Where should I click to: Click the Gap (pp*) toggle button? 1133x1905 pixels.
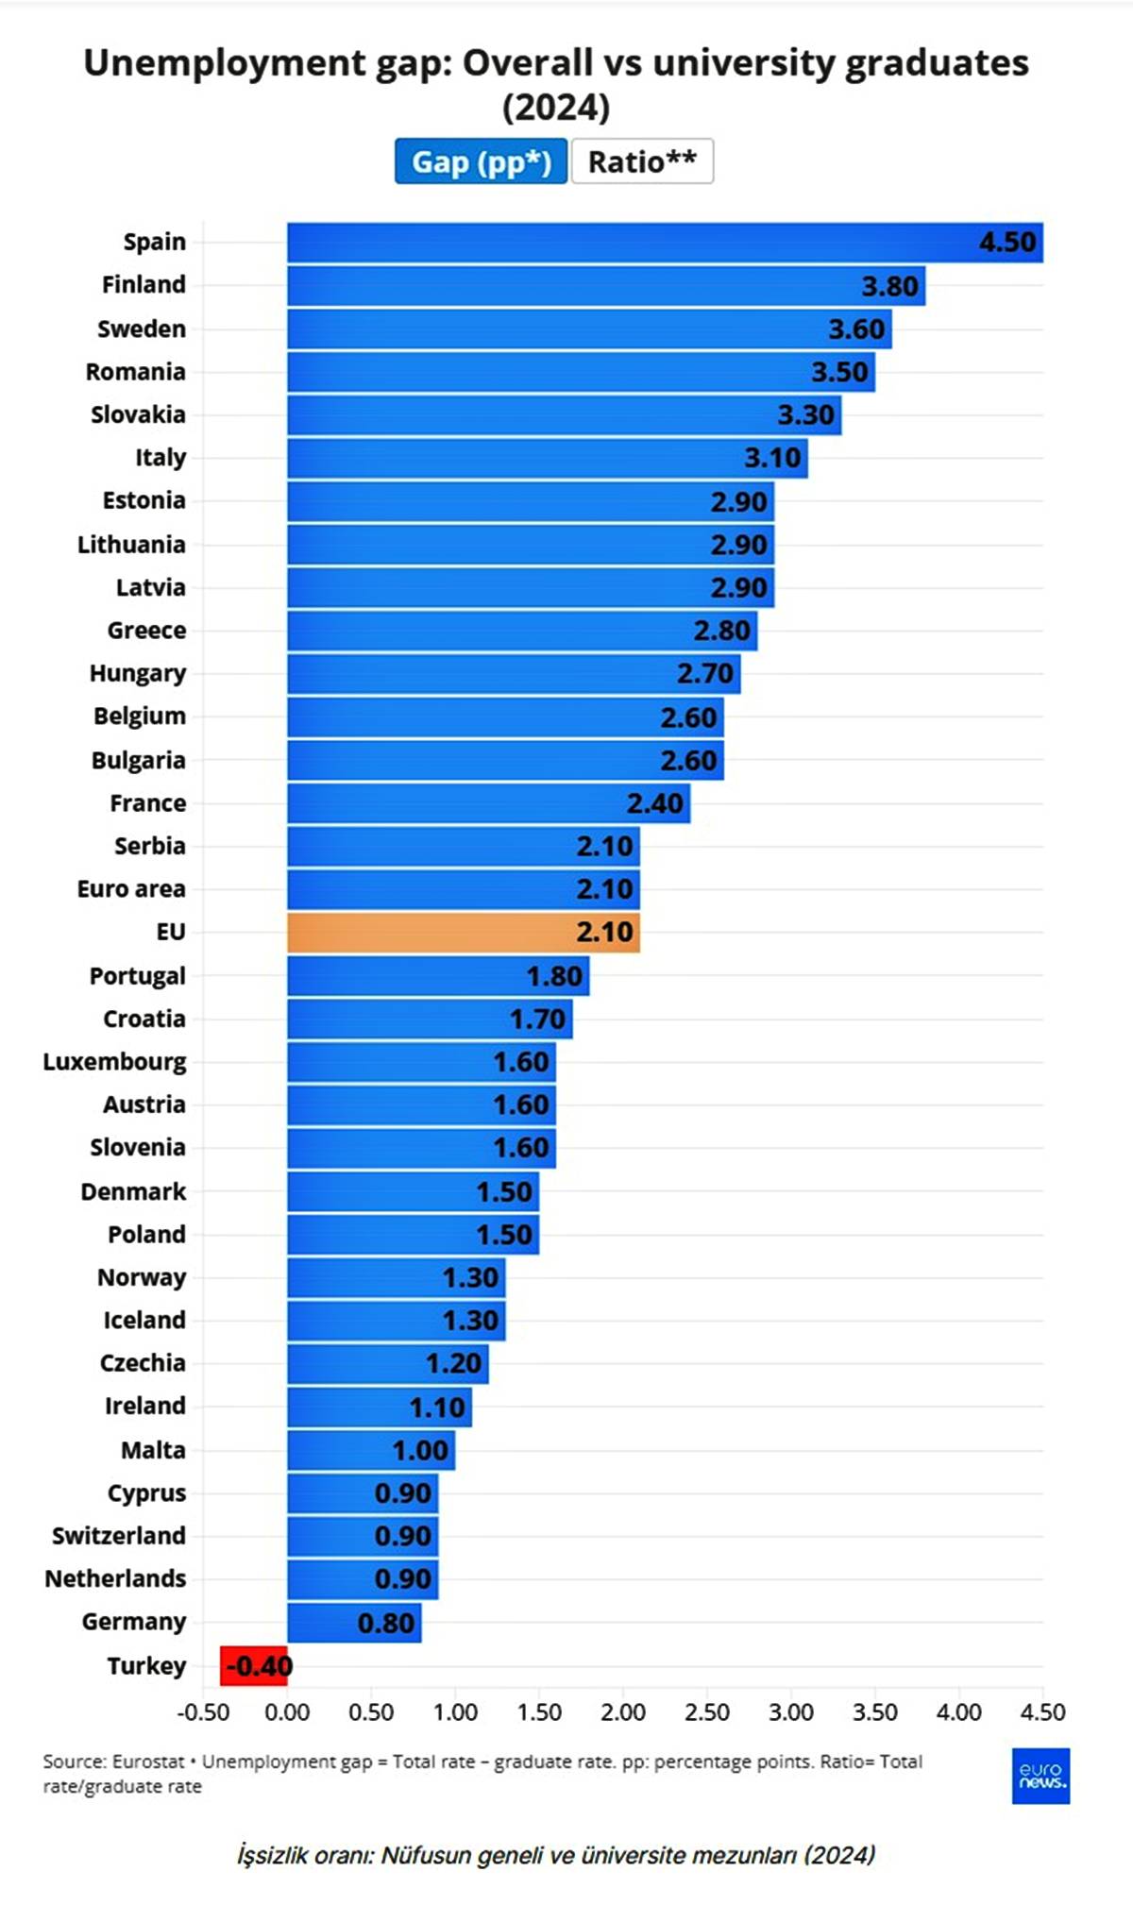click(x=481, y=161)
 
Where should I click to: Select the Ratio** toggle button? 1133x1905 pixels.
click(x=642, y=161)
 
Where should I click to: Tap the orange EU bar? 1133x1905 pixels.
click(x=463, y=932)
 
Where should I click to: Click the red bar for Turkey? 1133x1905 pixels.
click(x=253, y=1665)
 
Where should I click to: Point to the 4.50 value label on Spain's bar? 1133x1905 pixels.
click(x=1007, y=243)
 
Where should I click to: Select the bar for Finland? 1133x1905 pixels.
click(x=604, y=286)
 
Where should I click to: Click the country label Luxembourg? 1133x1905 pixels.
click(x=114, y=1062)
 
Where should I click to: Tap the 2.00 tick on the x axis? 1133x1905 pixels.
click(x=623, y=1712)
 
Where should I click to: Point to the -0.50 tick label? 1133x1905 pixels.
click(x=203, y=1712)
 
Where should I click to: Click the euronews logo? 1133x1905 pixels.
click(x=1040, y=1776)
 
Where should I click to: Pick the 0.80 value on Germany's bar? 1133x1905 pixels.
click(x=385, y=1623)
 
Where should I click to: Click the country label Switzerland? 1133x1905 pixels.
click(x=118, y=1536)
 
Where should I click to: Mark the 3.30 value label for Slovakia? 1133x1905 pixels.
click(x=805, y=415)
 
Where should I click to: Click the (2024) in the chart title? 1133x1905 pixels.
click(x=556, y=108)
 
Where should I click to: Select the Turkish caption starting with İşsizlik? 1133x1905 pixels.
click(x=556, y=1855)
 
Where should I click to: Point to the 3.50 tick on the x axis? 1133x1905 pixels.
click(x=875, y=1712)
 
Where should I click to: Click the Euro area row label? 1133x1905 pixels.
click(x=131, y=889)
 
